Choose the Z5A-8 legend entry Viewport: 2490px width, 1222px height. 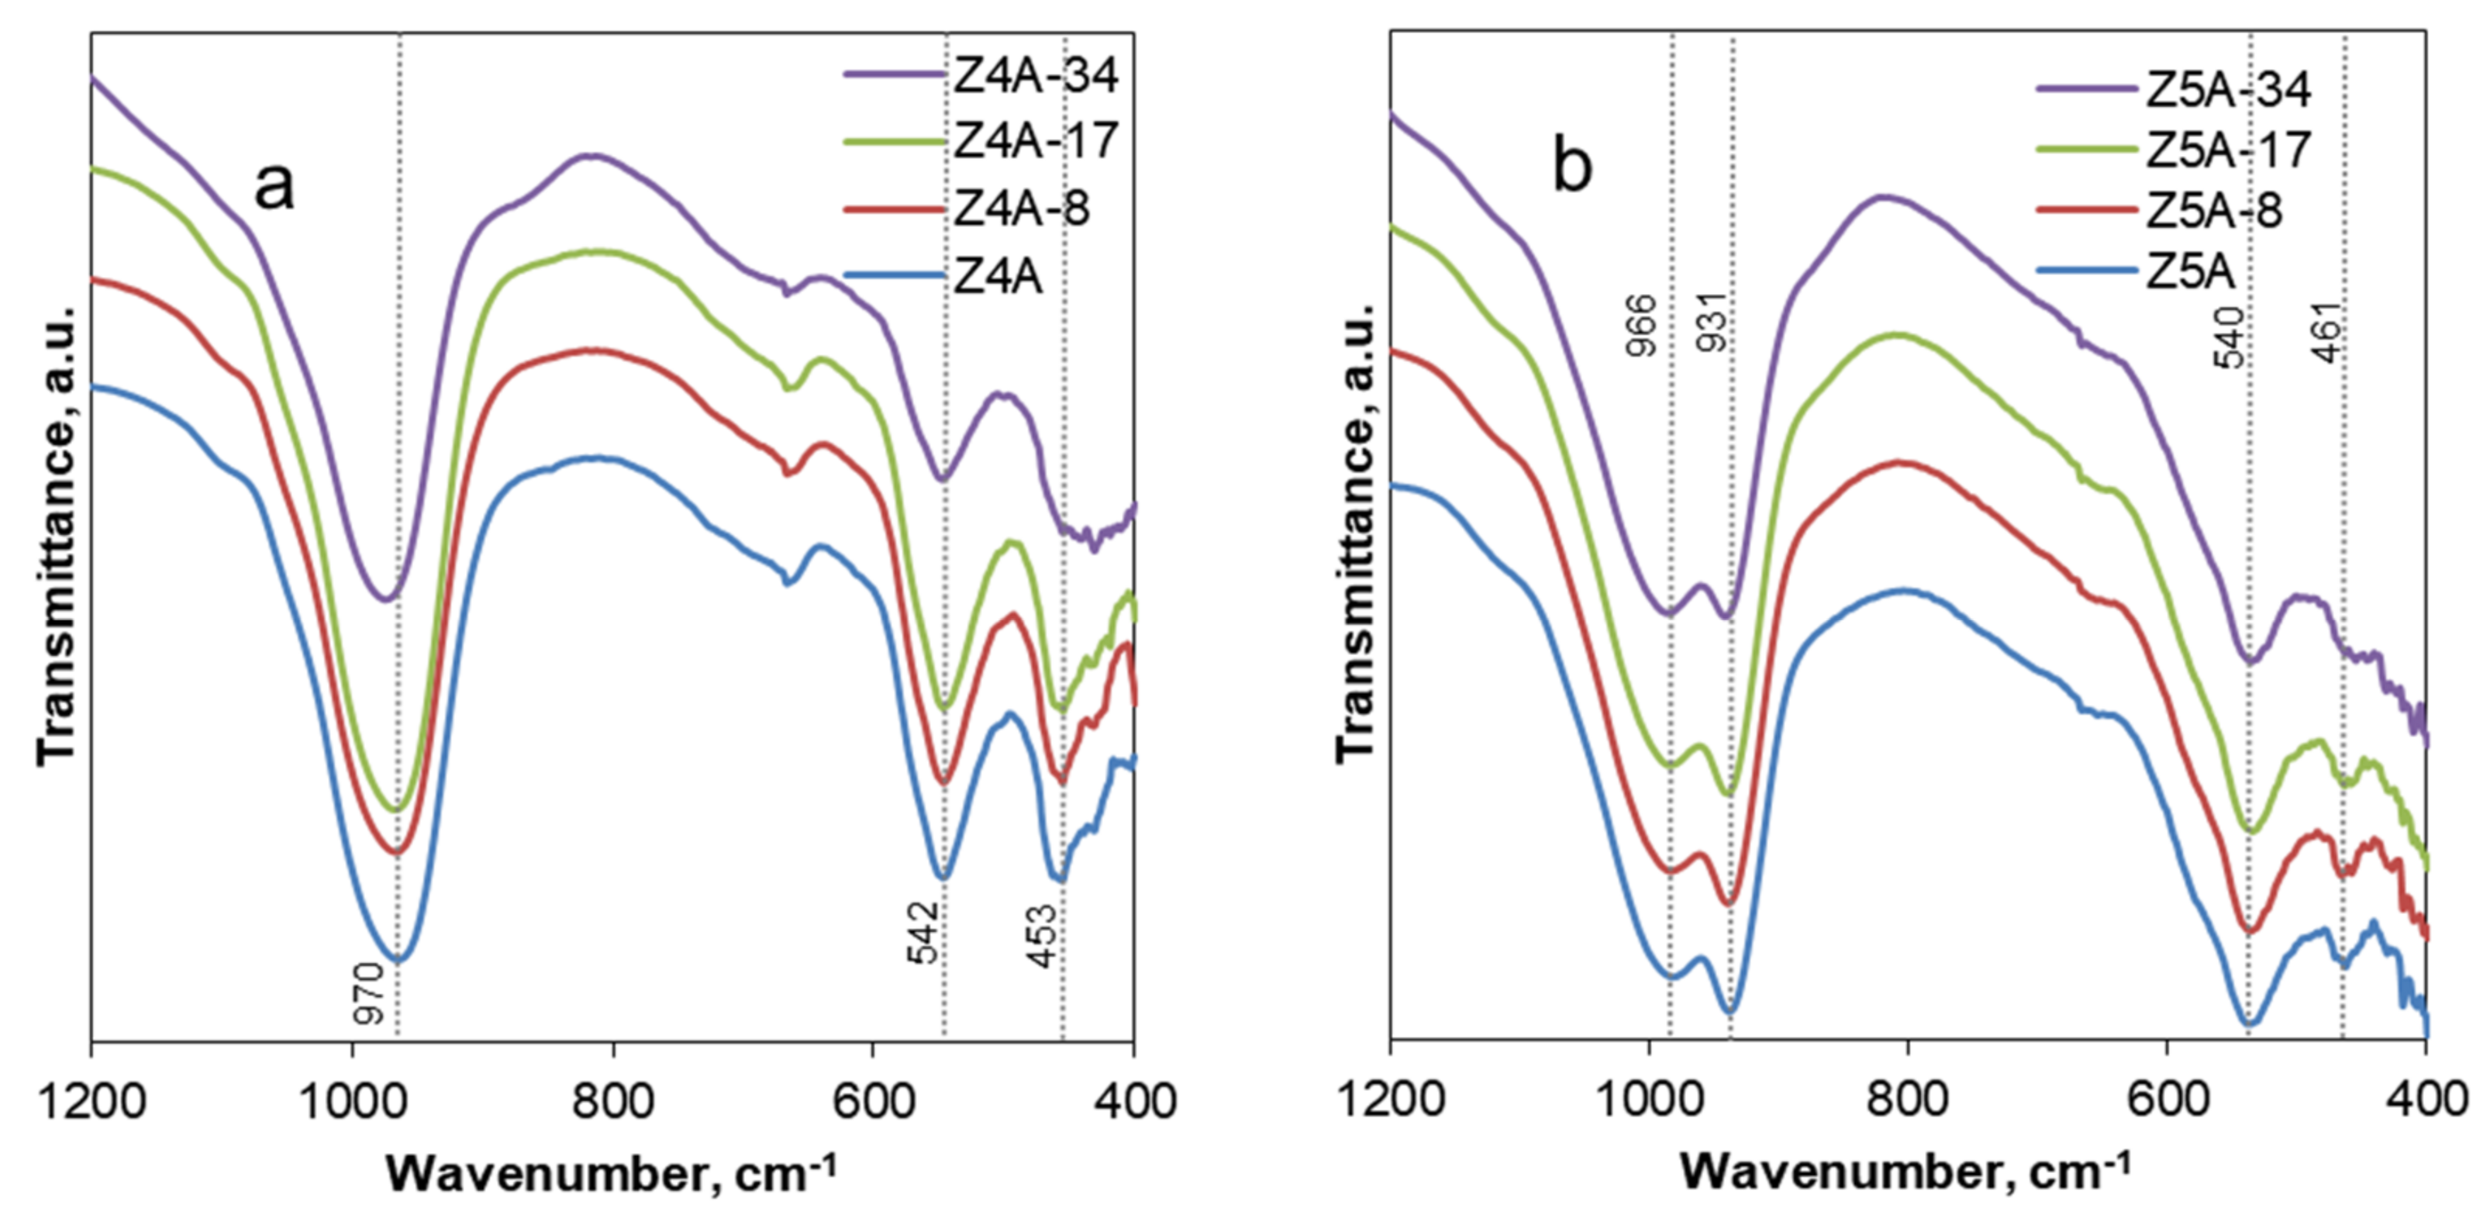click(x=2213, y=211)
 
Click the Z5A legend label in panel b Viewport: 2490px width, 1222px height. click(x=2190, y=273)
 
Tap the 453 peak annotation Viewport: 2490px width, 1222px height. click(x=1042, y=936)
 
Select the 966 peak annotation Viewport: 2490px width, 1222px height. click(x=1641, y=326)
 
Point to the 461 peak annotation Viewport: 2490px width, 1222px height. click(x=2328, y=333)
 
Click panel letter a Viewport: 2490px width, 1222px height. click(x=274, y=185)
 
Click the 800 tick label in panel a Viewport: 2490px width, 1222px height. click(x=613, y=1101)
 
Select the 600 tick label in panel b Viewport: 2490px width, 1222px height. click(x=2166, y=1101)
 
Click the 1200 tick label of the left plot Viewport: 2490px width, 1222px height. click(x=91, y=1101)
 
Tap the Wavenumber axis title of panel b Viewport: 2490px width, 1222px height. click(x=1904, y=1172)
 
